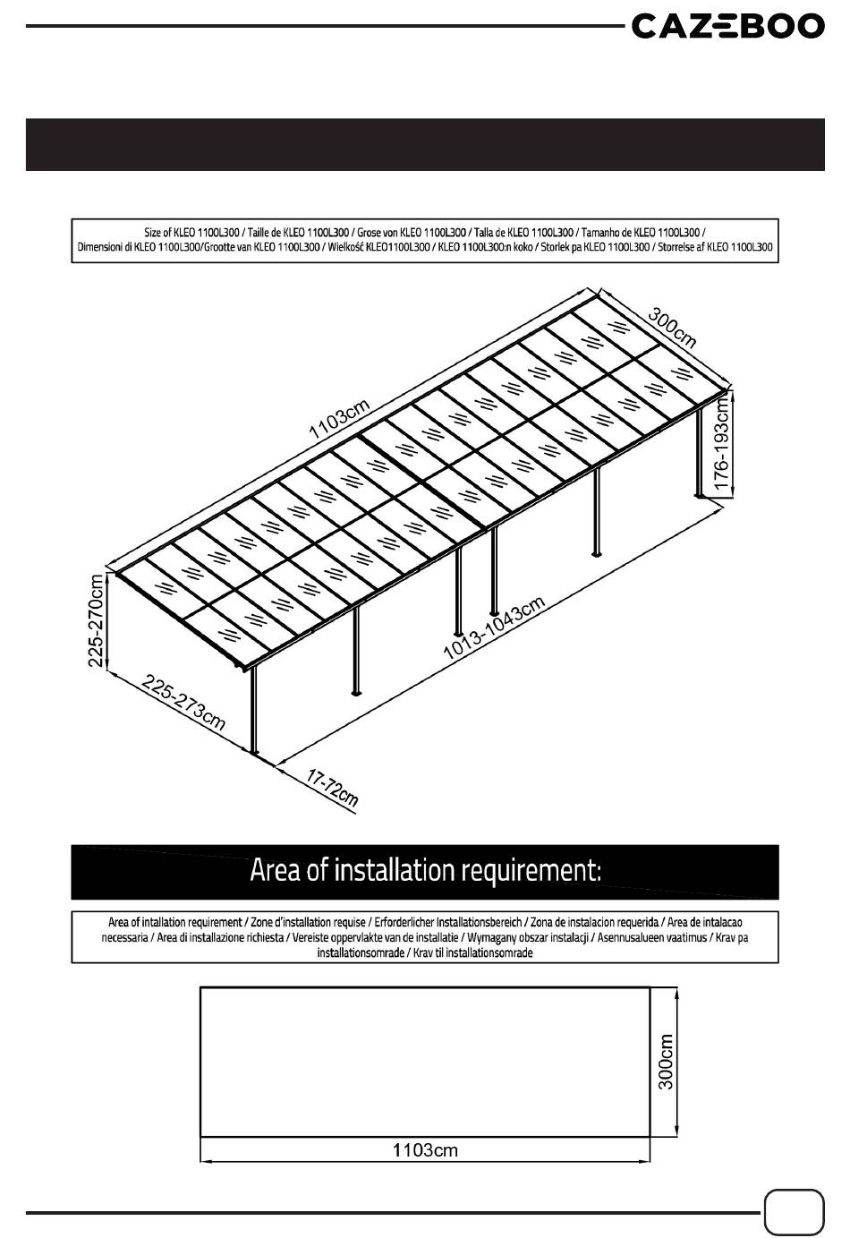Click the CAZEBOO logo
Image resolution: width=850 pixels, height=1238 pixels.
[x=727, y=26]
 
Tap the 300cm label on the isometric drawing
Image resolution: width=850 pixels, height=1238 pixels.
[x=672, y=329]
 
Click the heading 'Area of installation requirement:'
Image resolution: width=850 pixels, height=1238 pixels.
[x=425, y=870]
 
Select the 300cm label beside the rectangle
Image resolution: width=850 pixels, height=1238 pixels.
[x=665, y=1062]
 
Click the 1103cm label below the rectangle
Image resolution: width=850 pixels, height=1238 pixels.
[x=425, y=1149]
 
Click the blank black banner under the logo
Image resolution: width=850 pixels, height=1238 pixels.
[x=425, y=144]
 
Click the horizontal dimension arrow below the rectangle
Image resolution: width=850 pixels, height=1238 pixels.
[x=425, y=1161]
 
